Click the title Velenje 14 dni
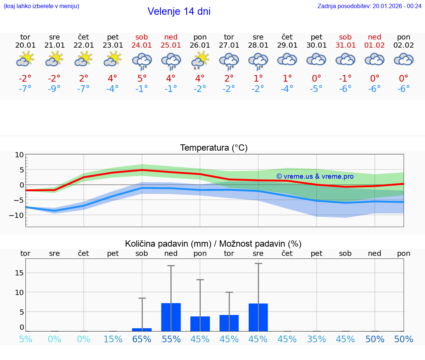(179, 11)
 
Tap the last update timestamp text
(369, 6)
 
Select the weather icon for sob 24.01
(142, 61)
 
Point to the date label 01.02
(375, 45)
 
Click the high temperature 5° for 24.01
(142, 79)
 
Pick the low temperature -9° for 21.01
(54, 89)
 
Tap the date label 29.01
(287, 45)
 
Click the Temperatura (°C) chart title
(214, 148)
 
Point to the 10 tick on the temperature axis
(19, 155)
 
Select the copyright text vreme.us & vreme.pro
(315, 176)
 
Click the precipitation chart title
(213, 244)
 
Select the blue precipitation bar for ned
(171, 317)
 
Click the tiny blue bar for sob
(142, 329)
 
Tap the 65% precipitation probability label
(142, 339)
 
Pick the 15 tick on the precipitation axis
(19, 273)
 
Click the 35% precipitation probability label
(317, 339)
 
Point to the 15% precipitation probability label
(113, 339)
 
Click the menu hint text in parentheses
(41, 6)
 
